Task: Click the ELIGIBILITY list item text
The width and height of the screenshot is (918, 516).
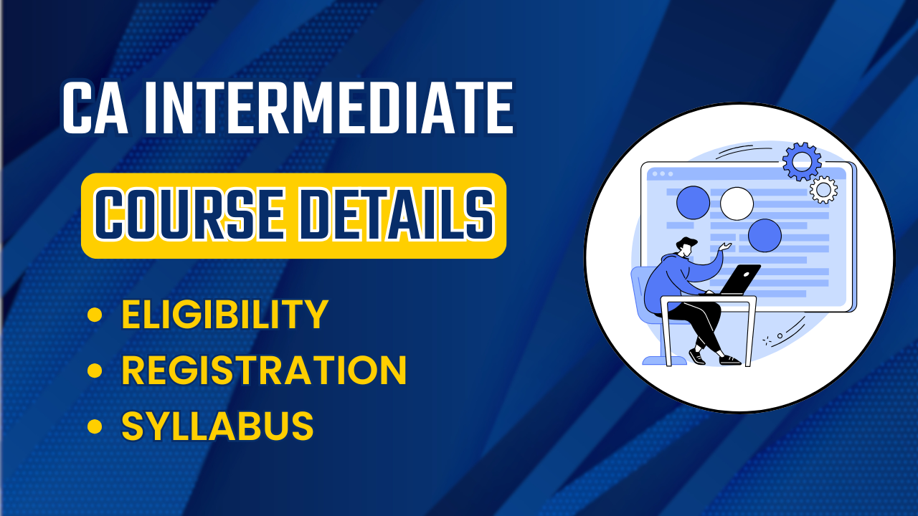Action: tap(224, 315)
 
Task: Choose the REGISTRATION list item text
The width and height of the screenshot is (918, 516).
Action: tap(264, 371)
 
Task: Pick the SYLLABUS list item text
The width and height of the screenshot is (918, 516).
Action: tap(217, 426)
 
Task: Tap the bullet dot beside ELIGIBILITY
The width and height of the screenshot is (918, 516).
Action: tap(94, 315)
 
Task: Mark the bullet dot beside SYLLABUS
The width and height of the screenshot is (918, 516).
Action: tap(94, 427)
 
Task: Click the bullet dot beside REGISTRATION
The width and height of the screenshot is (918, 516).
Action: tap(94, 371)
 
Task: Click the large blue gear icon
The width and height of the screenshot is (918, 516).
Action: tap(801, 162)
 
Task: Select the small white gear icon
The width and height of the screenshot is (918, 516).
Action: tap(823, 189)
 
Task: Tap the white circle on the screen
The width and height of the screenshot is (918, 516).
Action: tap(737, 204)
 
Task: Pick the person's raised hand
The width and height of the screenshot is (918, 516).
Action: tap(726, 247)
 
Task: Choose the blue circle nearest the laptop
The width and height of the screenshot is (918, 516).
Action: tap(765, 235)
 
